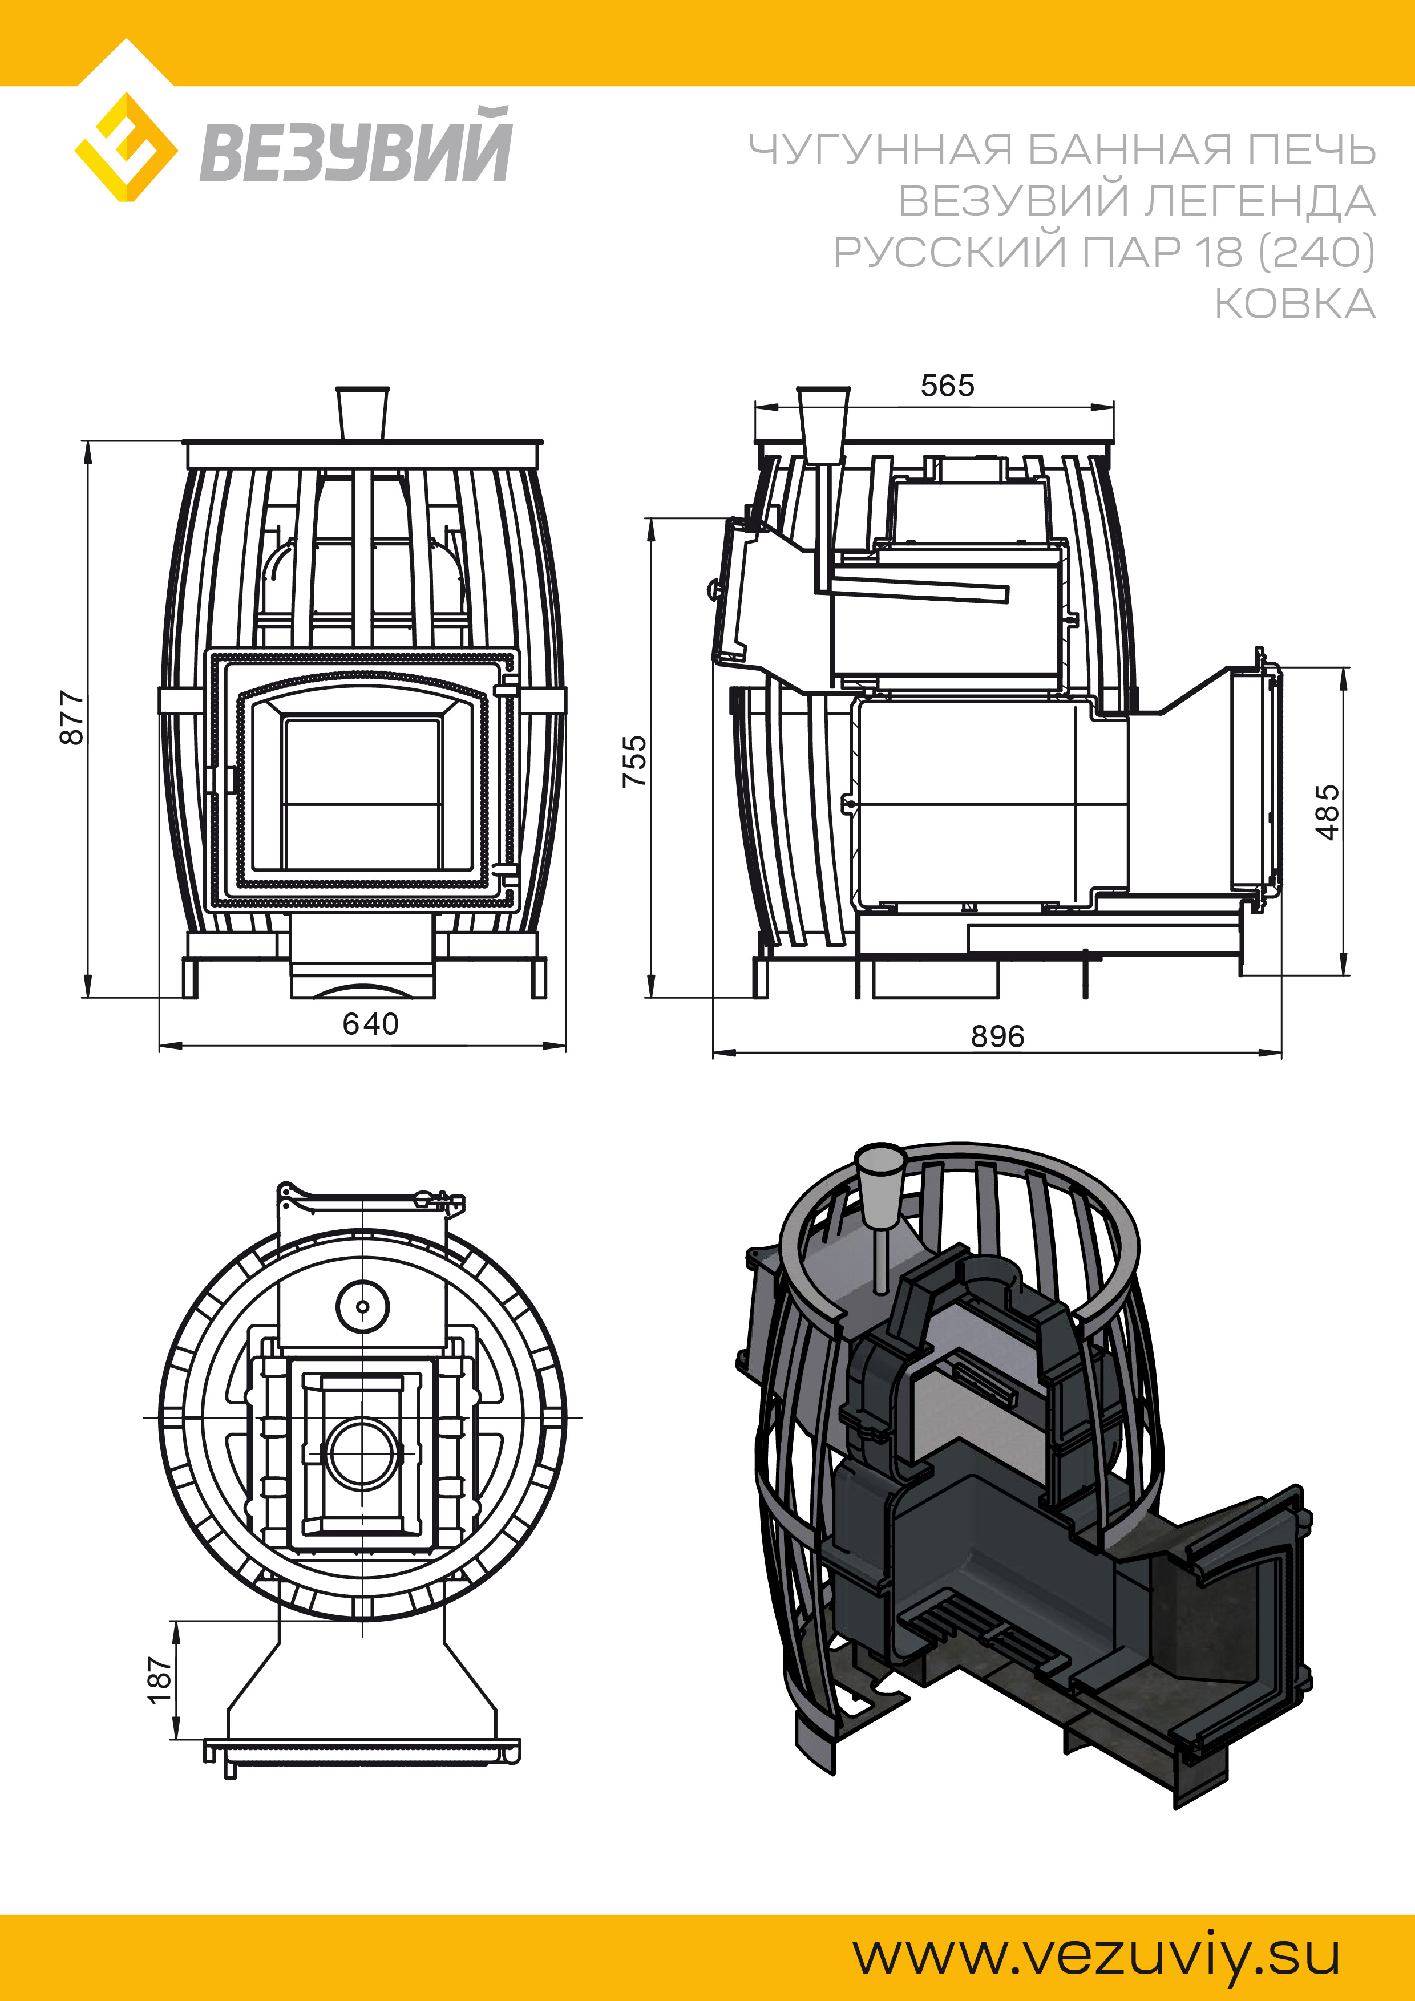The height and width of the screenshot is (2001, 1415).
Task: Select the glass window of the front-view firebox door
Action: tap(362, 793)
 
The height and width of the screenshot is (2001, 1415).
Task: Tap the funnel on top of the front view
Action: tap(363, 415)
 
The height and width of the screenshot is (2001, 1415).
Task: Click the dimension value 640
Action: tap(370, 1023)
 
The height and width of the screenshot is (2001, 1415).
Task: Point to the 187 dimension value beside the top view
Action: tap(160, 1680)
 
